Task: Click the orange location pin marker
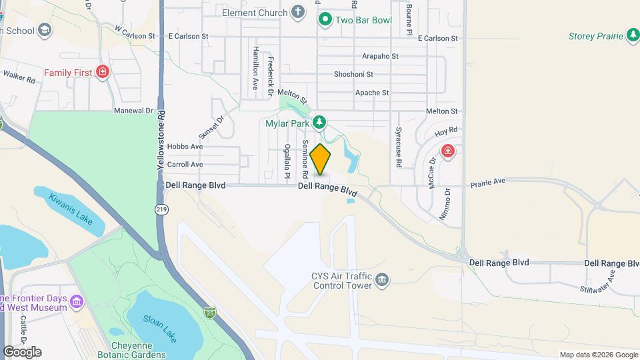(x=321, y=159)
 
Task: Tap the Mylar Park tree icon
(x=320, y=122)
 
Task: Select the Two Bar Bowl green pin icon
(x=325, y=19)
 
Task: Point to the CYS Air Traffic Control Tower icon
(x=382, y=279)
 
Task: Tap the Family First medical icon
(x=102, y=72)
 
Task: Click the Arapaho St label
(x=380, y=57)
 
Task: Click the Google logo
(x=22, y=352)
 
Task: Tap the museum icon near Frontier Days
(x=77, y=303)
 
